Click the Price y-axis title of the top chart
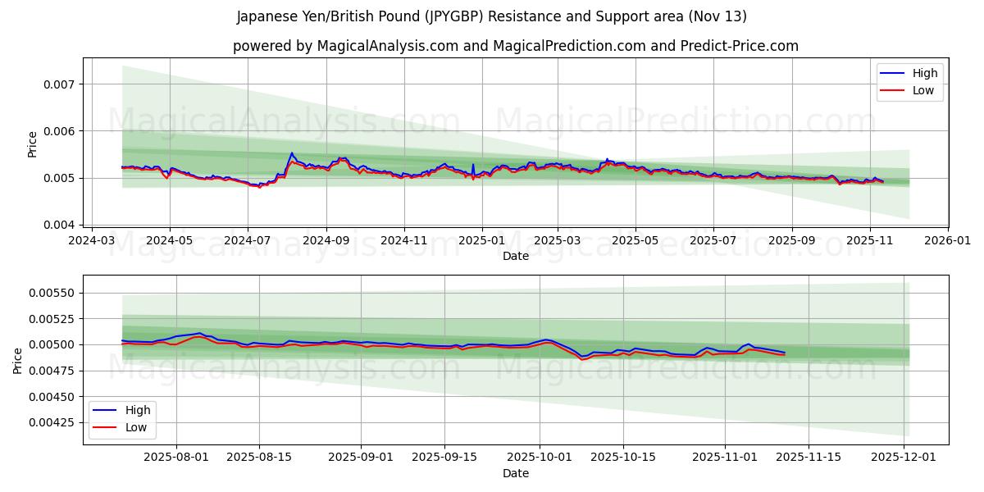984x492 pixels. coord(32,144)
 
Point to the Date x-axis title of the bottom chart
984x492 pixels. coord(515,473)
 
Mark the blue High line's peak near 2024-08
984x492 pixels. coord(291,153)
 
